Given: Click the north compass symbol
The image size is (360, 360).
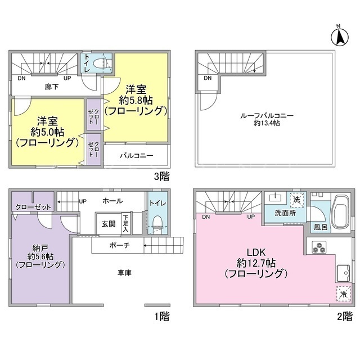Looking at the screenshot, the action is (340, 37).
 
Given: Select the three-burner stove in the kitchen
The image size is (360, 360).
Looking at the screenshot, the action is (319, 247).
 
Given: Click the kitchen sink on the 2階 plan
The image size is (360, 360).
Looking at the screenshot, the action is (343, 273).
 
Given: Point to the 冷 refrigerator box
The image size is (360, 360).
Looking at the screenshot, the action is (344, 294).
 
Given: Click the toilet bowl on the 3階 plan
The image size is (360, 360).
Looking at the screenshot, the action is (101, 63).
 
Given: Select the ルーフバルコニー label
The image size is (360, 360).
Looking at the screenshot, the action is (267, 115).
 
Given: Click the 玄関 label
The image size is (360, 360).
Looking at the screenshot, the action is (109, 224).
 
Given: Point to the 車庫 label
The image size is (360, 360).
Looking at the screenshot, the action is (124, 273).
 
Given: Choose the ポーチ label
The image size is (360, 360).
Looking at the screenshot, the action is (119, 245).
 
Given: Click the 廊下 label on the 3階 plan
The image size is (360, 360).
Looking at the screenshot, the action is (52, 87).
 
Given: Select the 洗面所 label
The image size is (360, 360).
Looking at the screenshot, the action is (285, 213).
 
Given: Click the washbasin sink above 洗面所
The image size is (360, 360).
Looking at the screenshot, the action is (274, 197).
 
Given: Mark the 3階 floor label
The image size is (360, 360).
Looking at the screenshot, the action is (162, 176).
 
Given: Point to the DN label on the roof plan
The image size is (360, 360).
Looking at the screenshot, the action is (208, 78).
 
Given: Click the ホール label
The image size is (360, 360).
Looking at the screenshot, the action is (112, 201).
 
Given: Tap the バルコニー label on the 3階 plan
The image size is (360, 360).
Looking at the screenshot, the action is (136, 156).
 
